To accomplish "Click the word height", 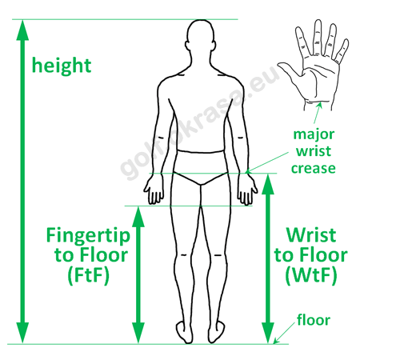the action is tap(62, 66).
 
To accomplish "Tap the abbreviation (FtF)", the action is tap(89, 275).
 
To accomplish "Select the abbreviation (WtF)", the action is tap(311, 275).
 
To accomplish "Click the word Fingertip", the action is tap(88, 236).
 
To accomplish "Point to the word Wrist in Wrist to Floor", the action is tap(311, 235).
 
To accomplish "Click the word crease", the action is tap(314, 169).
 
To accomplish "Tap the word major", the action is tap(314, 134).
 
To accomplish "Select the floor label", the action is tap(314, 320).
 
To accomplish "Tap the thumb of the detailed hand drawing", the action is tap(290, 70).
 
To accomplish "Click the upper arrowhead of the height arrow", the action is tap(22, 30).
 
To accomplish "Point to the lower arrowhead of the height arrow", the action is tap(22, 333).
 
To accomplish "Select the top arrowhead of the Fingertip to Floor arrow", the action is tap(138, 217).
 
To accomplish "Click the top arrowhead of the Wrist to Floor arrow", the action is tap(268, 185).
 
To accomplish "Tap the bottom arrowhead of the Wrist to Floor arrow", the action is tap(268, 333).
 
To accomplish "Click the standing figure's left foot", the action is tap(185, 332).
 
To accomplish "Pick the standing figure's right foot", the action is tap(217, 332).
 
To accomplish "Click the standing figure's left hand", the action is tap(154, 190).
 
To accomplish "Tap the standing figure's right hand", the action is tap(247, 190).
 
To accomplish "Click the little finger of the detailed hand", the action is tap(342, 51).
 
